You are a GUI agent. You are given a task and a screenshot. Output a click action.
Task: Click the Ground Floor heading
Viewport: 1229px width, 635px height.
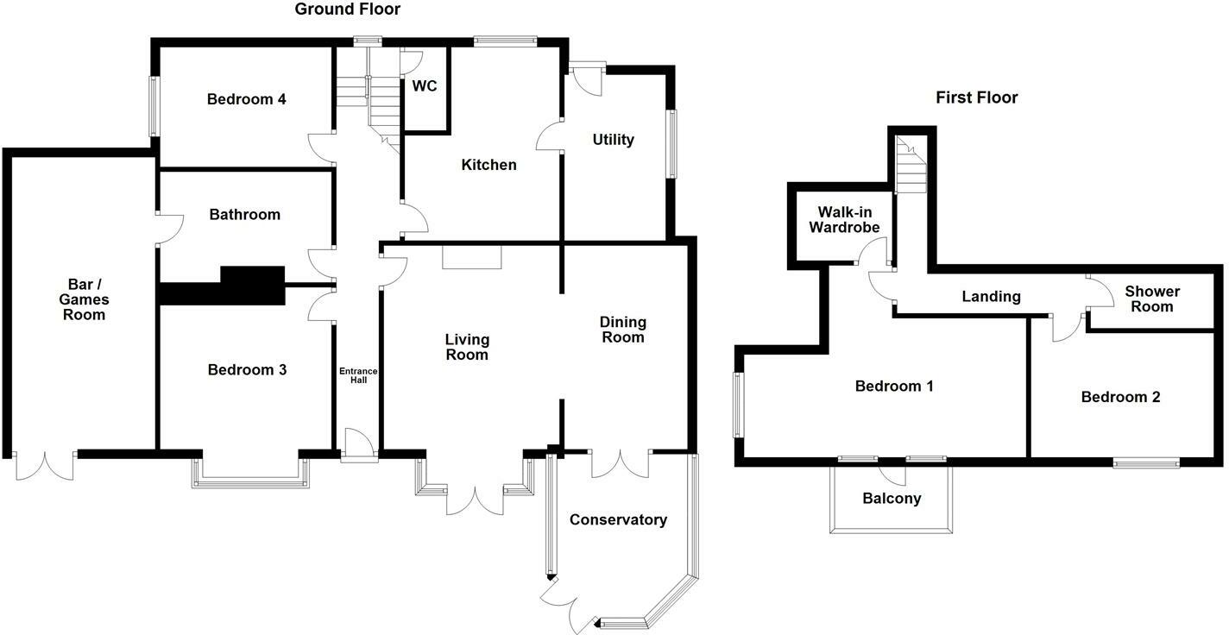[348, 9]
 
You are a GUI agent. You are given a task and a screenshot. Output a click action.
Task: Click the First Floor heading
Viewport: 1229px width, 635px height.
[976, 97]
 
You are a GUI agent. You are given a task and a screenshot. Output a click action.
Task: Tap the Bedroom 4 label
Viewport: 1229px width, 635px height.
[246, 99]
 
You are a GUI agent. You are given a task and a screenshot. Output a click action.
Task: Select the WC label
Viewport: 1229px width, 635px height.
[425, 86]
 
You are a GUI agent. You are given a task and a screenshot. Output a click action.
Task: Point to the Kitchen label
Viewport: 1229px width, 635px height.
[488, 165]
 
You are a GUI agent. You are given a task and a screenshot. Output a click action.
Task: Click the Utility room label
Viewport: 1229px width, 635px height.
[613, 140]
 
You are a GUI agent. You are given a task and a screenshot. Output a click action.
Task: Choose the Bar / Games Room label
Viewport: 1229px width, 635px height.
[84, 299]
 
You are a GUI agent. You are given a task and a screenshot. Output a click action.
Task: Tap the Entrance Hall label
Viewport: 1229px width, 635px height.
[357, 375]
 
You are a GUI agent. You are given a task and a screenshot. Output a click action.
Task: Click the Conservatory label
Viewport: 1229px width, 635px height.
[618, 519]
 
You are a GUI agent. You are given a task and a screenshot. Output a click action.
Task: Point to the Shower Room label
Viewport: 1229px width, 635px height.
[1152, 299]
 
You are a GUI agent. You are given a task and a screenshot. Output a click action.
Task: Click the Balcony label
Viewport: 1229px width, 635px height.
[892, 499]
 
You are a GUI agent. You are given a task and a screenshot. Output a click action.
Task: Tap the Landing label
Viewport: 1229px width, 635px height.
[991, 297]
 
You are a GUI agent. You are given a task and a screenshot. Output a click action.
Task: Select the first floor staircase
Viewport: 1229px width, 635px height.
[911, 167]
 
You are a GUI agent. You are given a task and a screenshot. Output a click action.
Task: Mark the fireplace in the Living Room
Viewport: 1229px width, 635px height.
[471, 258]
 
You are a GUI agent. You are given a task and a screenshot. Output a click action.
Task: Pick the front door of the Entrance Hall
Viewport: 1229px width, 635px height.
[359, 447]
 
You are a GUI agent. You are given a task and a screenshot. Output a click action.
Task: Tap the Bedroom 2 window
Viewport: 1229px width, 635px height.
[1146, 463]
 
